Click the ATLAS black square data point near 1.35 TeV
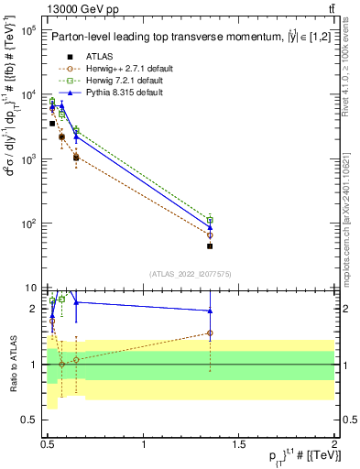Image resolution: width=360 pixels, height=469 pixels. click(210, 246)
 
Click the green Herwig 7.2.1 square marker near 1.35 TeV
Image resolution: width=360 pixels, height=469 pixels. click(210, 220)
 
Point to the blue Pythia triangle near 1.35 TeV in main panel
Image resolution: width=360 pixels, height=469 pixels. click(210, 226)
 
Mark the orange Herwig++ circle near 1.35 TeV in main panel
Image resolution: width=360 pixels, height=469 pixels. click(210, 235)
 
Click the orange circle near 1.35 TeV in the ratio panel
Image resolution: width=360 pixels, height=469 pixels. click(210, 333)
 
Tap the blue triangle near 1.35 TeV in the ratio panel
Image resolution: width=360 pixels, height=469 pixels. click(210, 311)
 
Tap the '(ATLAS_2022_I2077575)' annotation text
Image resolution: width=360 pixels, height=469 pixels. click(190, 274)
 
